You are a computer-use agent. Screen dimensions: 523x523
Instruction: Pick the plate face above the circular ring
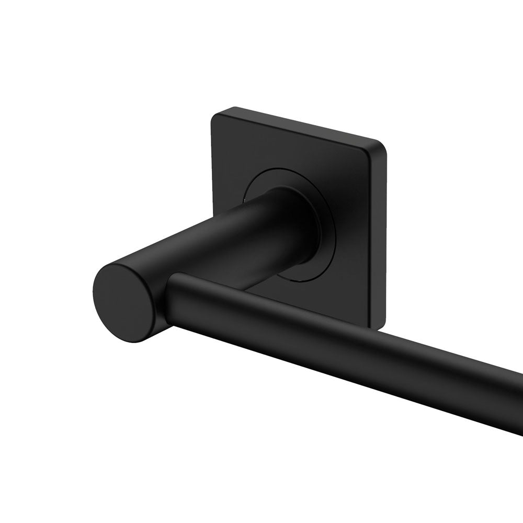pos(293,149)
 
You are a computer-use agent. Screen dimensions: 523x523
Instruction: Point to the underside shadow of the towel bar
pos(340,371)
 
